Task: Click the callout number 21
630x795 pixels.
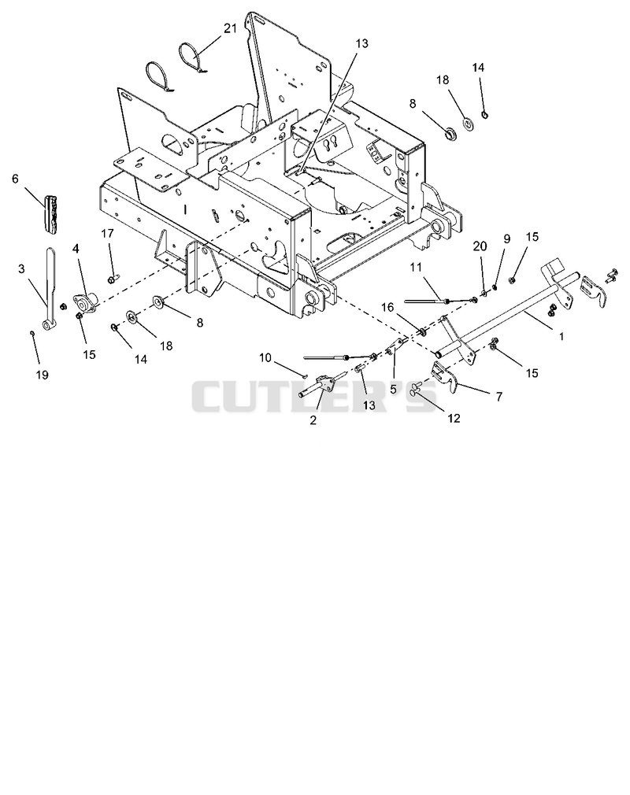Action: tap(230, 29)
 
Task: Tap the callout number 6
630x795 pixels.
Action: tap(15, 179)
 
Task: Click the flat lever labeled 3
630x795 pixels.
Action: tap(49, 289)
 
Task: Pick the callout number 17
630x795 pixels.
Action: tap(107, 234)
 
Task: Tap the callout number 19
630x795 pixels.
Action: tap(42, 375)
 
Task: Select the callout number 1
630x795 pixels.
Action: tap(561, 336)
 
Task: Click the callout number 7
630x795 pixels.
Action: tap(499, 397)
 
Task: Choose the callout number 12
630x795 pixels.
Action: tap(454, 418)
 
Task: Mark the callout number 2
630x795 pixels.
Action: tap(313, 420)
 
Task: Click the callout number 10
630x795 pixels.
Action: tap(265, 358)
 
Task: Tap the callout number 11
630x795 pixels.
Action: tap(416, 267)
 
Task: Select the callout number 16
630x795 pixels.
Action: tap(387, 308)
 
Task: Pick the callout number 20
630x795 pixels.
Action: tap(480, 246)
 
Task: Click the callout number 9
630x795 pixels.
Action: tap(506, 238)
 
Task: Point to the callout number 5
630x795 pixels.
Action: tap(393, 390)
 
